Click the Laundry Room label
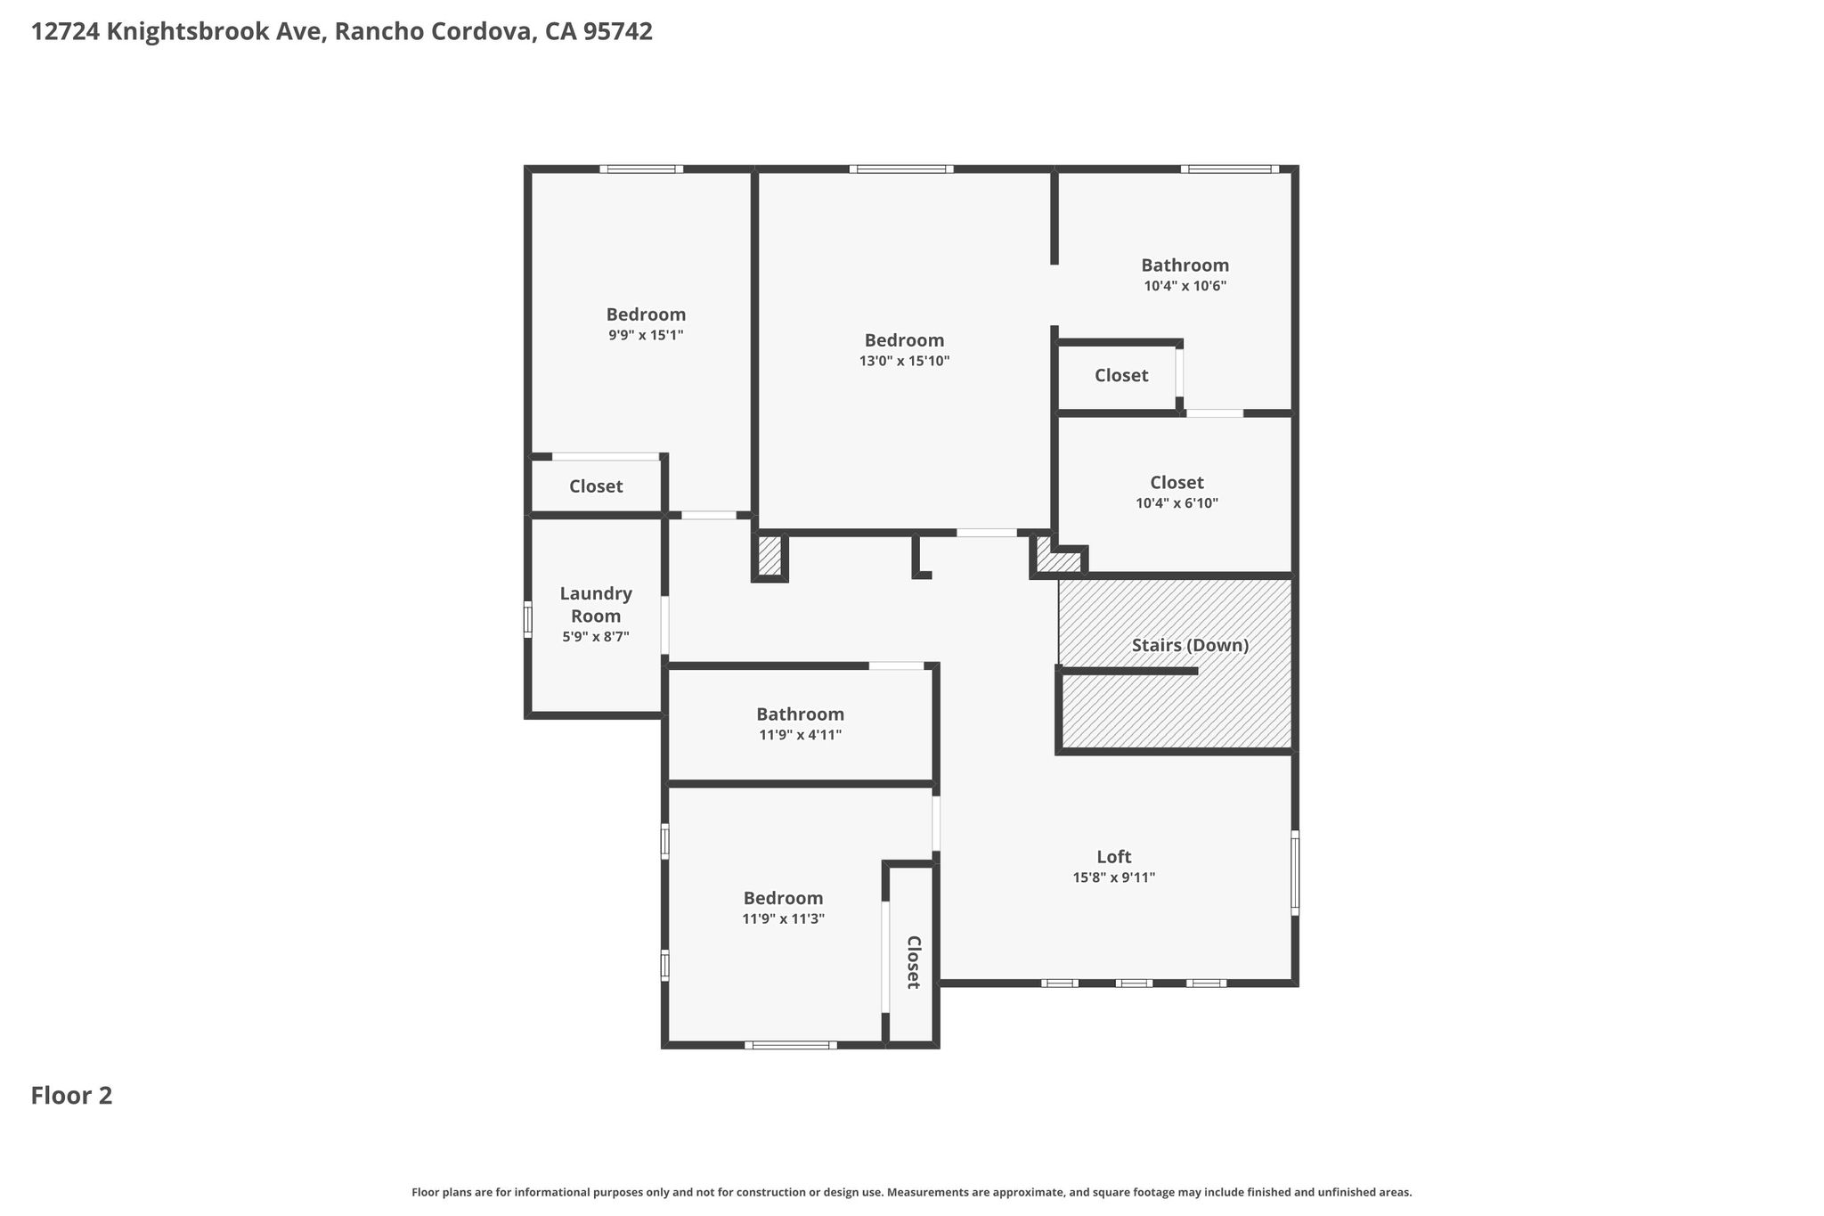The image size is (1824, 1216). (596, 604)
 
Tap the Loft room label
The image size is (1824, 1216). (1114, 856)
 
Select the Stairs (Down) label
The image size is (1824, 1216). (1190, 645)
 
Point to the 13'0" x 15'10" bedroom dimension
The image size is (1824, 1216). (905, 361)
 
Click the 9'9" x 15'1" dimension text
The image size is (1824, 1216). (646, 335)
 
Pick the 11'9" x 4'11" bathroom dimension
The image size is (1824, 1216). (800, 735)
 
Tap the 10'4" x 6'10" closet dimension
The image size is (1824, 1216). (1177, 502)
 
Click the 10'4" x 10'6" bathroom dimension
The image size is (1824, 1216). (1185, 286)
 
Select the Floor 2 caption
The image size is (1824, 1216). (72, 1095)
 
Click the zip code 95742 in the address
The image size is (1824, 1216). (618, 31)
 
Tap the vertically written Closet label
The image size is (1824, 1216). (913, 962)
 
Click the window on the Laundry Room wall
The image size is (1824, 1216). (527, 619)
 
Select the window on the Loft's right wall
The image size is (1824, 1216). (1295, 873)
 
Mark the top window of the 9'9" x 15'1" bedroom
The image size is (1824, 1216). (641, 168)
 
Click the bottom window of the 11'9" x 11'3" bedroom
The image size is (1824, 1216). (791, 1045)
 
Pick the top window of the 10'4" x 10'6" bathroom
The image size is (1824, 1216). (1230, 168)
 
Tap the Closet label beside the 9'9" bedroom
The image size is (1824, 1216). (596, 486)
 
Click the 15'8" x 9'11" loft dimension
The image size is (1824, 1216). (1114, 877)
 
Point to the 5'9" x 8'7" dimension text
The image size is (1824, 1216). (596, 637)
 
